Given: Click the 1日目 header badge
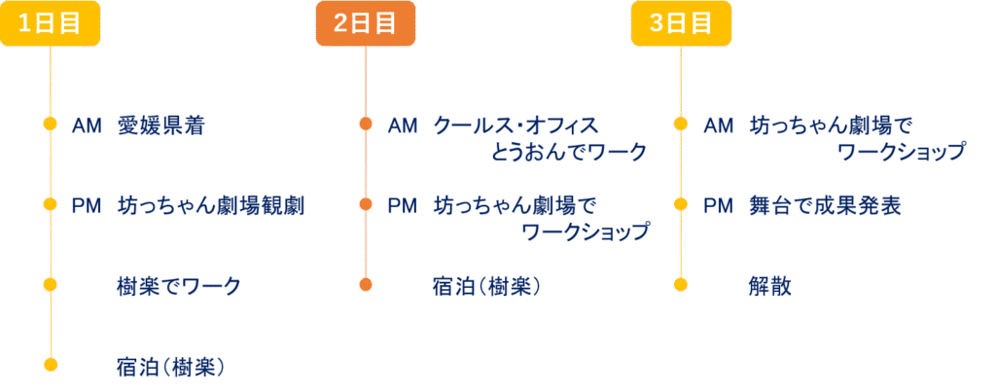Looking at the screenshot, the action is point(51,23).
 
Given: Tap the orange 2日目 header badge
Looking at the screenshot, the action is point(366,23).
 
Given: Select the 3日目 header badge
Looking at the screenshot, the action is point(681,23).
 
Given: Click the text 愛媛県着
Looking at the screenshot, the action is point(160,126).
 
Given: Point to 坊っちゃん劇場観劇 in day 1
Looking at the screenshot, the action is point(211,206).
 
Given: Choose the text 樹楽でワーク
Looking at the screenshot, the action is point(179,286).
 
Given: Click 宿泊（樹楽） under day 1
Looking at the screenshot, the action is point(171,368).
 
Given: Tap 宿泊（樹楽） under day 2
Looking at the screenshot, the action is point(487,286).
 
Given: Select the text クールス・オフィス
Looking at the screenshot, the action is point(516,125).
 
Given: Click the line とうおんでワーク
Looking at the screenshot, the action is point(567,153).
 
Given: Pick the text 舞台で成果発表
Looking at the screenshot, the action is point(825,206).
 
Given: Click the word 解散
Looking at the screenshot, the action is point(770,286).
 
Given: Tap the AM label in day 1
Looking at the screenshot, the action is point(87,126).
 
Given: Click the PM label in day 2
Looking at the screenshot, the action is point(403,206).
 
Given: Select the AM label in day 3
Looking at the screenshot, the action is point(719,126).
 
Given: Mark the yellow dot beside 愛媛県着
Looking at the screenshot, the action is point(51,124).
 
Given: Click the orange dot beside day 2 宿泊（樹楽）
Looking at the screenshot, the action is point(366,284).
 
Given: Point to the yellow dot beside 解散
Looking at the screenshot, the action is point(681,284).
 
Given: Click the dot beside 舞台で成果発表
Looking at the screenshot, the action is point(681,204).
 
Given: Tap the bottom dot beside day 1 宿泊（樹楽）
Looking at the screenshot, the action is point(51,365).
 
